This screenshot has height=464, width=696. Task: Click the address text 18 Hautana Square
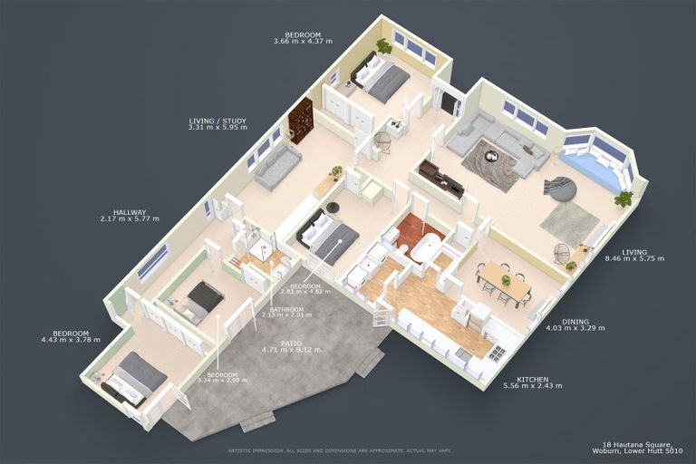point(640,445)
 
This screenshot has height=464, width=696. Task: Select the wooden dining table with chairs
point(504,280)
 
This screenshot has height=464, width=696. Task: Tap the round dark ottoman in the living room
point(561,188)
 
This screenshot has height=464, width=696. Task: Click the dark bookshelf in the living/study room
point(301,120)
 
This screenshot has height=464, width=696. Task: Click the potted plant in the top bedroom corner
point(384,45)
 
